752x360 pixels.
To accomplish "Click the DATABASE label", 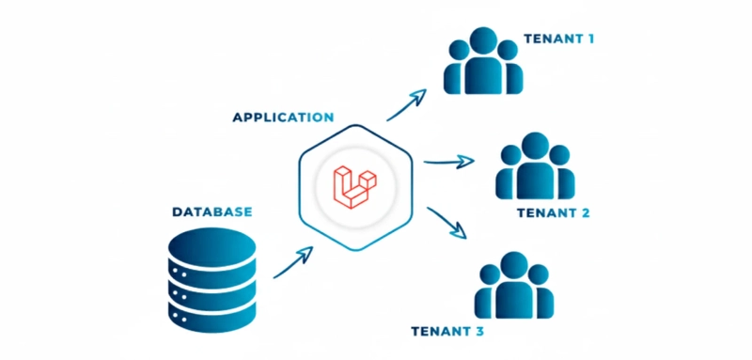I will pos(211,212).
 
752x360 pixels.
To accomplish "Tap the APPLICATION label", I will pos(283,117).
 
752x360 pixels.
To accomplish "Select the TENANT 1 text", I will pos(558,39).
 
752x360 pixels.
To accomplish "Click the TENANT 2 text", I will pos(553,213).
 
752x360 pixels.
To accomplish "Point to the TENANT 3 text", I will pos(447,331).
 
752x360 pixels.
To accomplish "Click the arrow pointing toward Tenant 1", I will pos(407,104).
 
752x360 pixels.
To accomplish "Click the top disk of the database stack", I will pos(211,246).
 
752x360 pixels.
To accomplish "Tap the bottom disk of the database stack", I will pos(211,315).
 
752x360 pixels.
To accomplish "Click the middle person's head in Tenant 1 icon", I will pos(482,40).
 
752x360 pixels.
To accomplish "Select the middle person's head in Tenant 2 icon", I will pos(535,146).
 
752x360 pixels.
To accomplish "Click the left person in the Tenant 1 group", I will pos(457,70).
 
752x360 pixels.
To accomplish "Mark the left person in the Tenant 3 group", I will pos(488,293).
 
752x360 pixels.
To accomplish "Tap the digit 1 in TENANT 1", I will pos(589,39).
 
